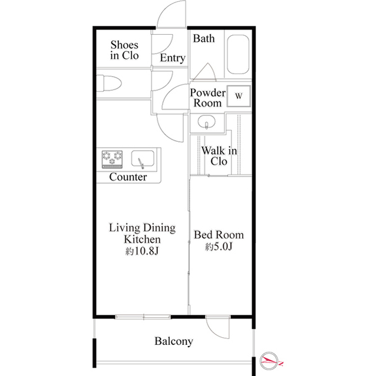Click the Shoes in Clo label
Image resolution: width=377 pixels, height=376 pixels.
(124, 51)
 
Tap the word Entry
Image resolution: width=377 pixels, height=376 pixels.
(173, 58)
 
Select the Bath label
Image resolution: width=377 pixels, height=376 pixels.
(204, 39)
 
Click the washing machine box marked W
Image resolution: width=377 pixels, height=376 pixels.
(240, 95)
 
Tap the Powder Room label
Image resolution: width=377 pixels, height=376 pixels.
(207, 98)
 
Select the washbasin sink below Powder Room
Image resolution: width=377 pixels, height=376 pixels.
(206, 123)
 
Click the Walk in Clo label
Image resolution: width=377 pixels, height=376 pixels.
(219, 156)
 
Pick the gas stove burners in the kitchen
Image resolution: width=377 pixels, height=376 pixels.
(112, 158)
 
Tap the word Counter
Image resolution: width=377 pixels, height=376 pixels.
(128, 177)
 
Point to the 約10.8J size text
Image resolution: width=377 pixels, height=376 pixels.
(141, 251)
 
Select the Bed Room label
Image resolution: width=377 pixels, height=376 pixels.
(219, 235)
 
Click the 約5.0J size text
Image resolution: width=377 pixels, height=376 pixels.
(219, 247)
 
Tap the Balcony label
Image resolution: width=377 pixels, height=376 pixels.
(174, 341)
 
